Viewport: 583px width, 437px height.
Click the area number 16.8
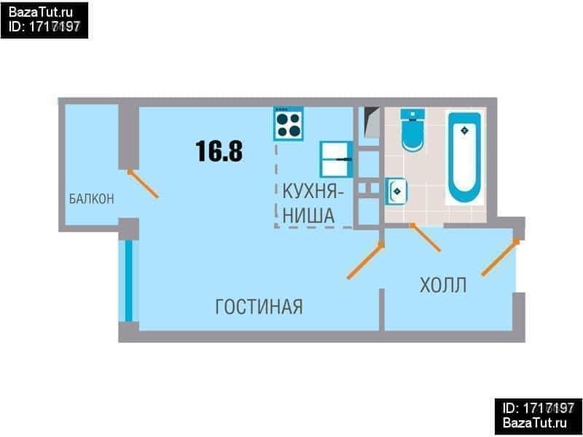pyautogui.click(x=219, y=151)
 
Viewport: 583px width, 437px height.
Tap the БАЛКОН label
pyautogui.click(x=91, y=199)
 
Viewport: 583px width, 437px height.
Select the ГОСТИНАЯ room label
pyautogui.click(x=259, y=307)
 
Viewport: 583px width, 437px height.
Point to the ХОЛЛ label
pyautogui.click(x=443, y=285)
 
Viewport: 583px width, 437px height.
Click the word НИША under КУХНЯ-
pyautogui.click(x=308, y=216)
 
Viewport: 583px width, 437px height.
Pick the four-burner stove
pyautogui.click(x=289, y=124)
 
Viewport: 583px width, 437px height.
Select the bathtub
pyautogui.click(x=463, y=157)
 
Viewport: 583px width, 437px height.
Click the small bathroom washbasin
pyautogui.click(x=396, y=192)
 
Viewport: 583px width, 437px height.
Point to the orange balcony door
pyautogui.click(x=143, y=184)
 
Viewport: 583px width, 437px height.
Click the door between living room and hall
pyautogui.click(x=364, y=261)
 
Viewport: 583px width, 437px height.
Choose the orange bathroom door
pyautogui.click(x=426, y=237)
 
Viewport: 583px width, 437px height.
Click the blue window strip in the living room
pyautogui.click(x=129, y=280)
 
